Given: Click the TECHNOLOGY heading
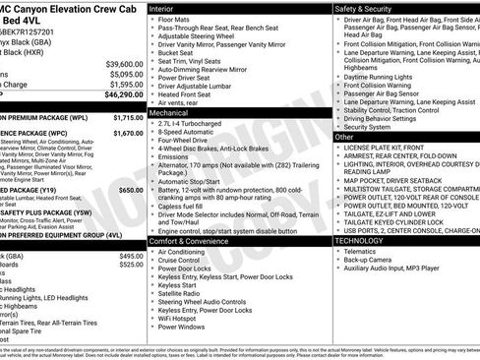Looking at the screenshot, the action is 360,241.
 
